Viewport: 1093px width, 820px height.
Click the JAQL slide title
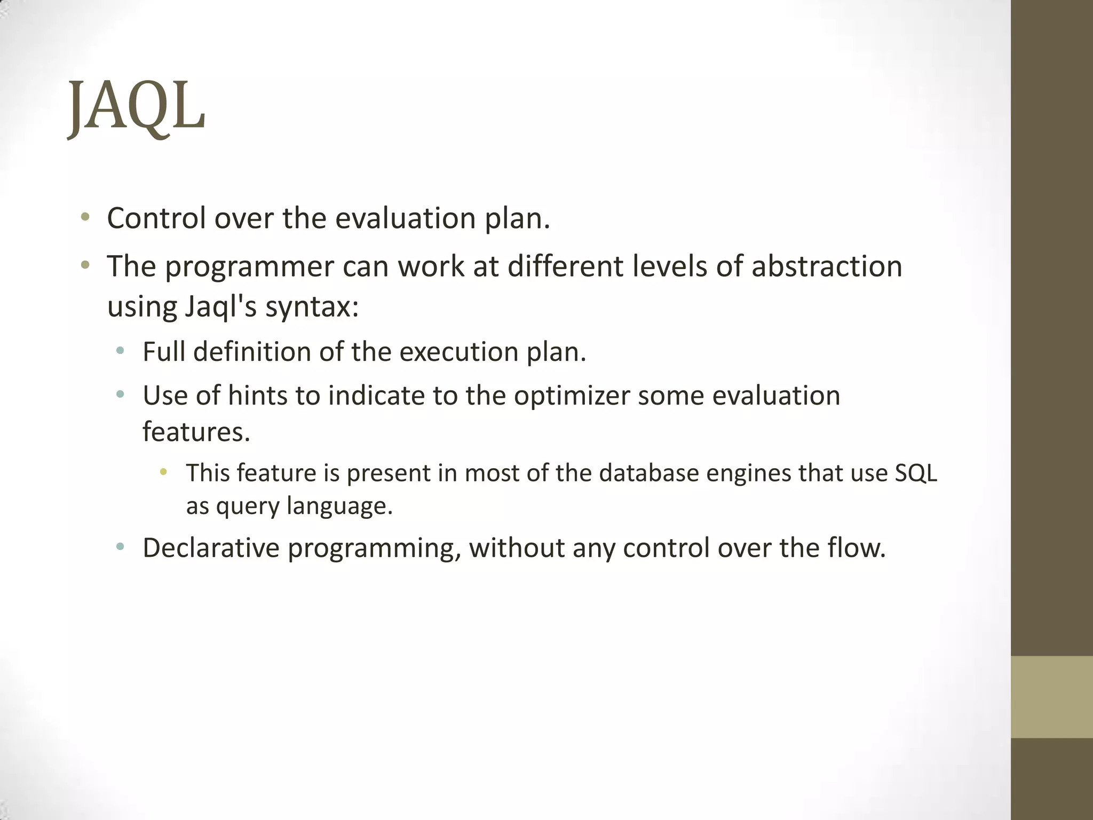(x=137, y=107)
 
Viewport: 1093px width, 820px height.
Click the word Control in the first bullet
(x=156, y=218)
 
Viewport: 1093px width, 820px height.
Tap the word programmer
(x=249, y=266)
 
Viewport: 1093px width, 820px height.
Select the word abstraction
(x=827, y=266)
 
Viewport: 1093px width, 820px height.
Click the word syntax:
(x=312, y=307)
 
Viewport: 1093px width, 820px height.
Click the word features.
(x=196, y=431)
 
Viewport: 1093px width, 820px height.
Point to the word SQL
(x=915, y=473)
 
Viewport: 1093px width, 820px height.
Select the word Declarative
(x=211, y=548)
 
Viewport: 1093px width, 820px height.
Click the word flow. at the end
(x=857, y=548)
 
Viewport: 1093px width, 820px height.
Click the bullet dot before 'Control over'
(x=85, y=217)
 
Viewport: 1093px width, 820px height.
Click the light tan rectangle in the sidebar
(x=1051, y=697)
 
